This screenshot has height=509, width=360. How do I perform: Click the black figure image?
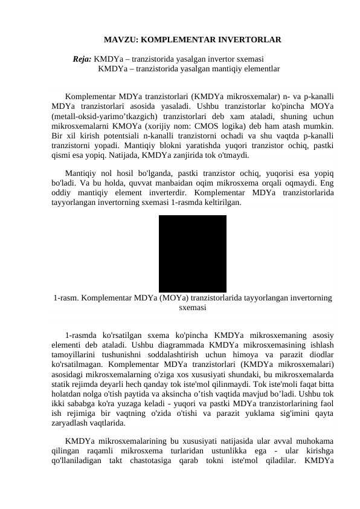(x=192, y=253)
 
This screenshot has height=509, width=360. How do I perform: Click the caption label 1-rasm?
(x=65, y=297)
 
